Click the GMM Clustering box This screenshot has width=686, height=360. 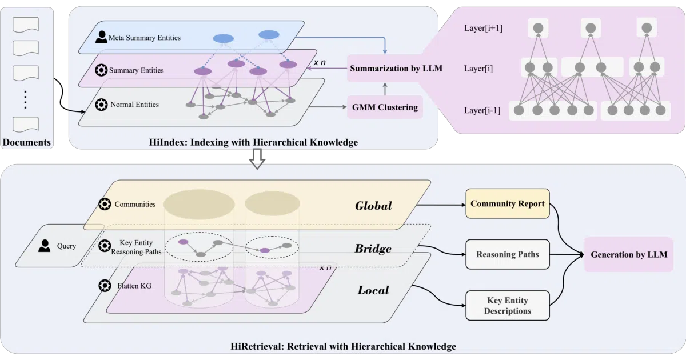[x=385, y=107]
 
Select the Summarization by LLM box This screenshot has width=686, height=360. [x=396, y=68]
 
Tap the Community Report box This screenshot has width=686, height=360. [x=508, y=203]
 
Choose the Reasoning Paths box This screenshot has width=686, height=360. [x=508, y=254]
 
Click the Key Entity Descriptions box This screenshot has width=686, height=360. [x=508, y=306]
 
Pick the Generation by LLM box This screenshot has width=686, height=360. [x=629, y=254]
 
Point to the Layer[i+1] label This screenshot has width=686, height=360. [x=483, y=28]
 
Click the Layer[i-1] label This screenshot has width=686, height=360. [x=482, y=110]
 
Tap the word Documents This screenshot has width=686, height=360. [x=27, y=142]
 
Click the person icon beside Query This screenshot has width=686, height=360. [x=45, y=246]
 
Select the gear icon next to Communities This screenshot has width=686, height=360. [x=105, y=204]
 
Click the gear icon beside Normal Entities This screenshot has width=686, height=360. [x=101, y=105]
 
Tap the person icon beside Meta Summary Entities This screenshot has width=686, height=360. [x=101, y=37]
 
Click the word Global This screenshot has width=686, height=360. [x=373, y=206]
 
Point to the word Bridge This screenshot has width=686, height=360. [x=373, y=249]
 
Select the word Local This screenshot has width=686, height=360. [x=373, y=290]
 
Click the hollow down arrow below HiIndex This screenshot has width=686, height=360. [x=257, y=159]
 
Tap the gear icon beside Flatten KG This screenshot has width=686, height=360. [x=105, y=286]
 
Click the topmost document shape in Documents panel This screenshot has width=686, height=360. [x=26, y=25]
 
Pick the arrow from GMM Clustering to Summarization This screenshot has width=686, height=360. [x=385, y=89]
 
